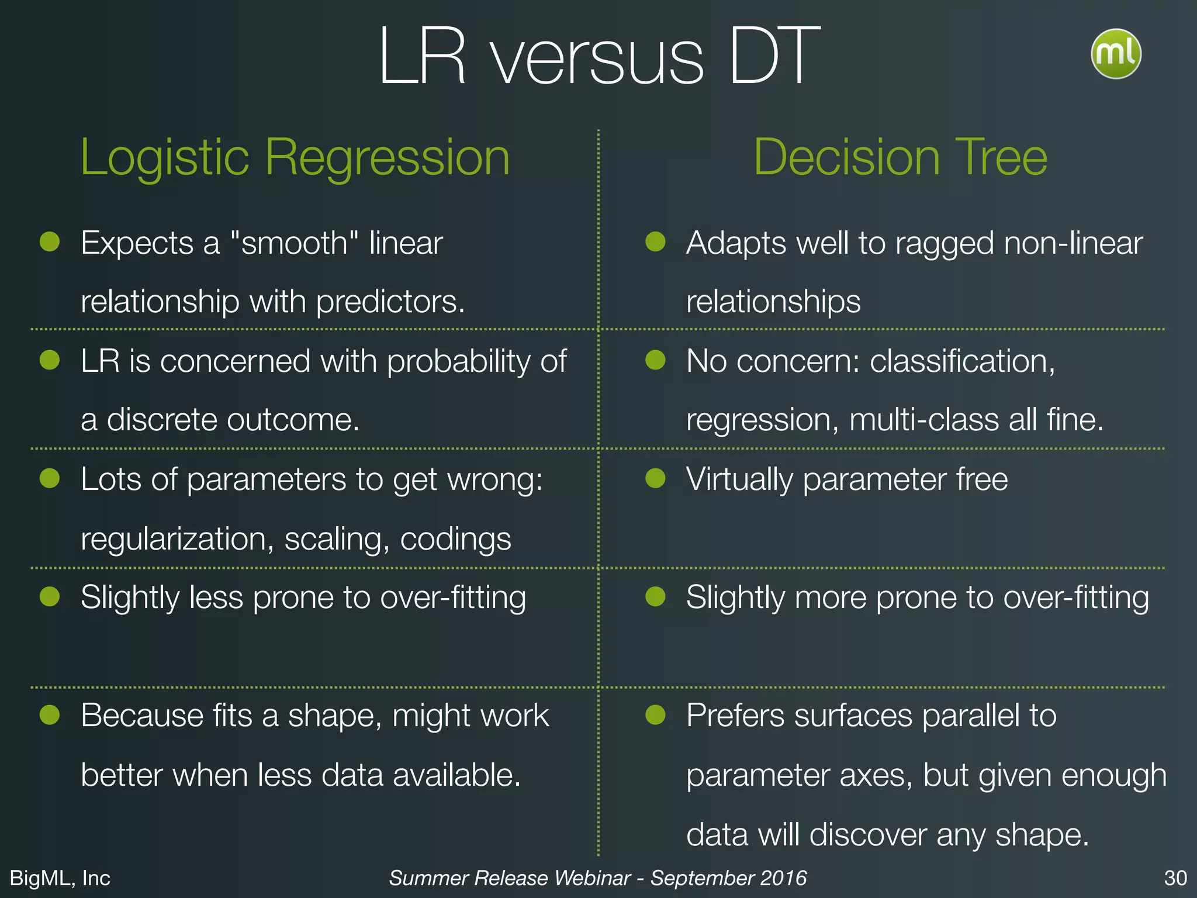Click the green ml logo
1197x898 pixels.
(1116, 54)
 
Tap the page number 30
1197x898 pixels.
(1175, 878)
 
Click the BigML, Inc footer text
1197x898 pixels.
(60, 878)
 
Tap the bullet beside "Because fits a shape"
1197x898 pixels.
(50, 714)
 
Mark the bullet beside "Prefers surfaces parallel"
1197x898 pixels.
(655, 714)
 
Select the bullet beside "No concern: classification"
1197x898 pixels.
(655, 360)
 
